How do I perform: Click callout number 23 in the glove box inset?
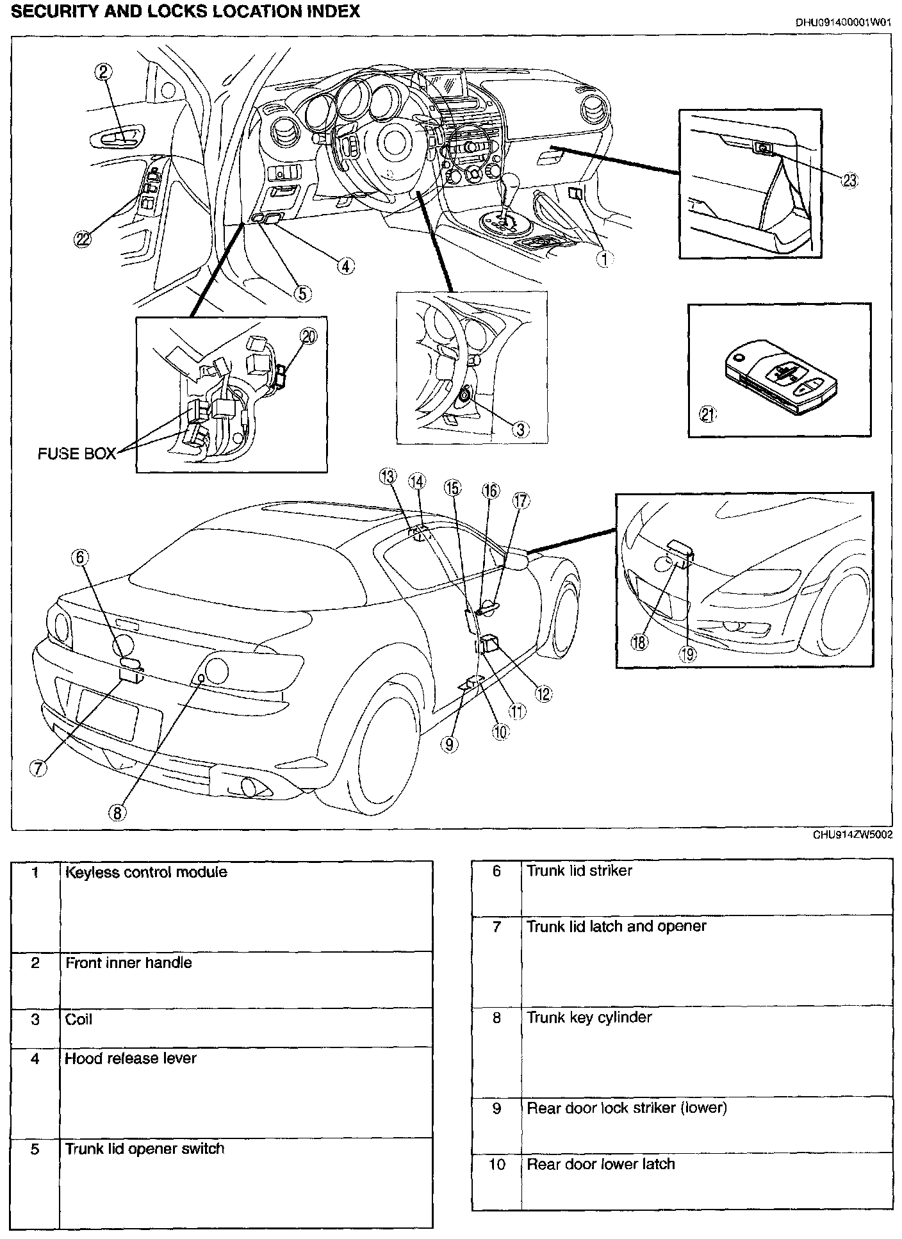coord(849,181)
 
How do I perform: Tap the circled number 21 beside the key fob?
coord(707,414)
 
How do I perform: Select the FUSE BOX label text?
coord(77,454)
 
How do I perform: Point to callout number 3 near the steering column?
coord(520,429)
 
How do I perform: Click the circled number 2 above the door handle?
coord(104,72)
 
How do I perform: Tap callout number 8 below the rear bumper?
coord(117,812)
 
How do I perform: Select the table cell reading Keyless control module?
coord(146,872)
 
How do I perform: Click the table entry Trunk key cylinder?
coord(589,1017)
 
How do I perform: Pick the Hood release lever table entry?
coord(131,1058)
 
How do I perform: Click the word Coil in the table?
coord(79,1019)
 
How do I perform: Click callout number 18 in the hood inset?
coord(639,643)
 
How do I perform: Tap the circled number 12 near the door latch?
coord(543,693)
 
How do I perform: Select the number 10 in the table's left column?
coord(497,1164)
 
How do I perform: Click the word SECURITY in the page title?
coord(50,11)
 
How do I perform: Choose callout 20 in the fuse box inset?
coord(309,336)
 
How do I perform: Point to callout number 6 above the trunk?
coord(80,557)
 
